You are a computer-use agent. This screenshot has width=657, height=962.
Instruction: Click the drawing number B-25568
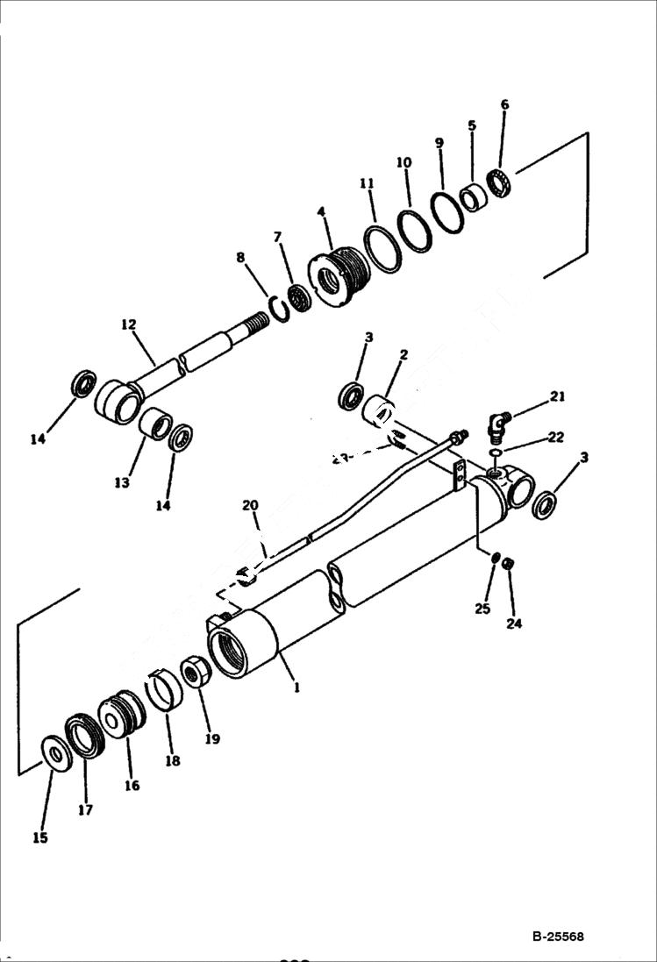(x=557, y=937)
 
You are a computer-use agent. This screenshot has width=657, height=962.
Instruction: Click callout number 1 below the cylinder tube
(x=296, y=688)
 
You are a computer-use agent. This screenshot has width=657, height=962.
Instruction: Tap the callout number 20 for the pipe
(x=251, y=505)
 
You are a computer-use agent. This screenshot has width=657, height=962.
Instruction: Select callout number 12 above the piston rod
(x=129, y=324)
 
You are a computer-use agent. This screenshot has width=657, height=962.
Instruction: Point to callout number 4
(x=321, y=212)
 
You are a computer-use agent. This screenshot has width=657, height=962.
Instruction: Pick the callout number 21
(x=557, y=396)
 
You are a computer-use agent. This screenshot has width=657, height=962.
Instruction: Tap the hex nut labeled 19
(x=195, y=673)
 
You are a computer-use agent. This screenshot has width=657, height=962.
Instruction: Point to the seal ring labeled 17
(x=85, y=735)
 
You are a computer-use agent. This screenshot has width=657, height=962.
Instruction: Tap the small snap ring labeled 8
(x=279, y=308)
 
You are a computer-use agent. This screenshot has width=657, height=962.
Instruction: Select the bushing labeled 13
(x=155, y=423)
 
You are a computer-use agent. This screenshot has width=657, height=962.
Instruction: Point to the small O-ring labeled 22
(x=497, y=453)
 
